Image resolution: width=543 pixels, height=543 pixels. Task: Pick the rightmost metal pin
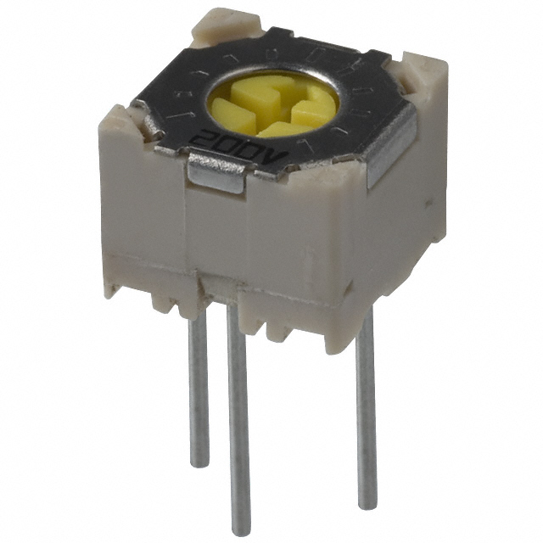coord(365,407)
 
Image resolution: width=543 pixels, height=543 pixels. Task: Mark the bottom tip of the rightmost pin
coord(367,502)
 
